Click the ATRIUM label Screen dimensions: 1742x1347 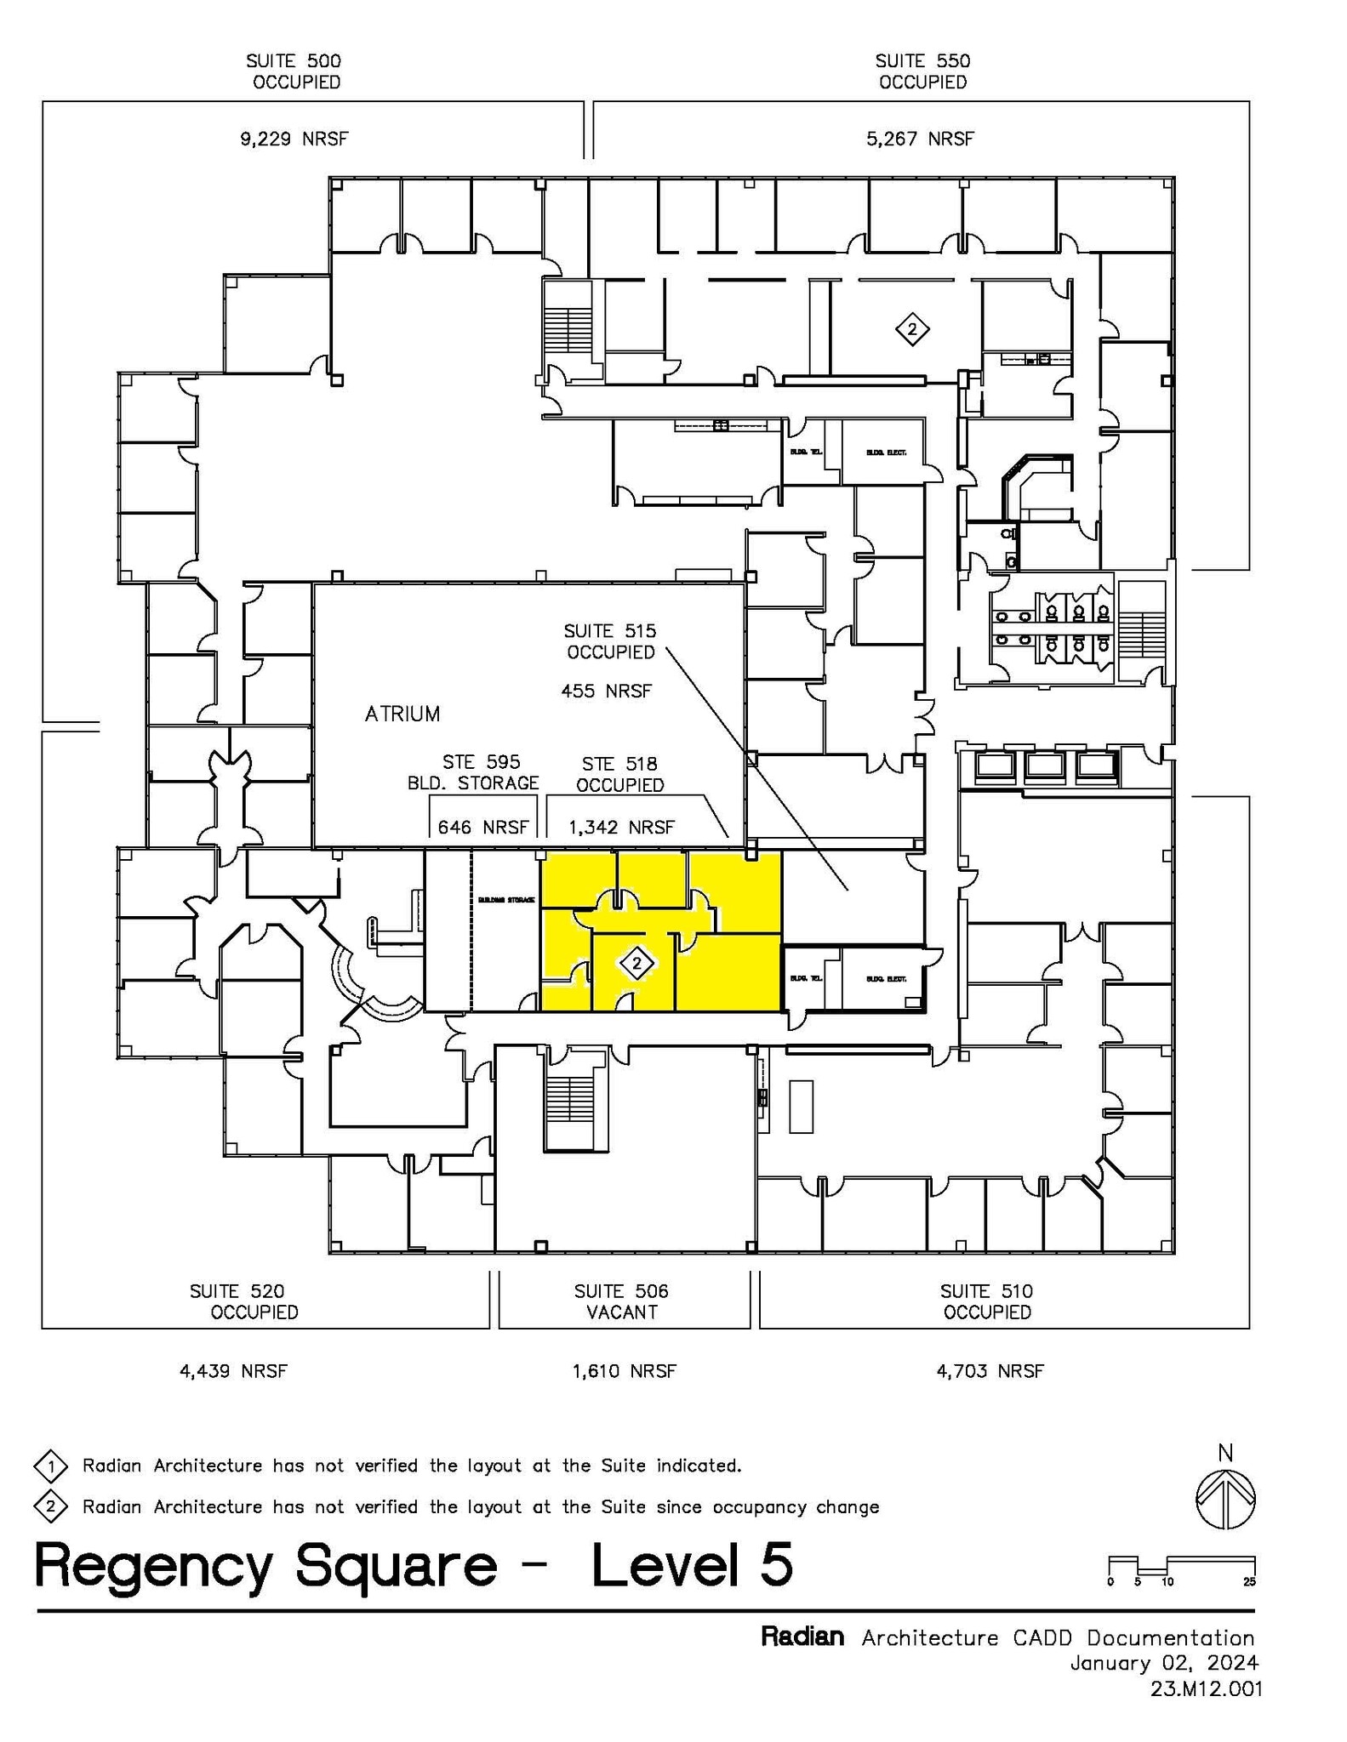402,714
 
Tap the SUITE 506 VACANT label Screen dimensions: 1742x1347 621,1301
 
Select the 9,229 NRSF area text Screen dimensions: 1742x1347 294,139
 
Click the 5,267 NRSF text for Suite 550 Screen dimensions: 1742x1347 920,139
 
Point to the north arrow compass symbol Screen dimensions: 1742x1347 1225,1500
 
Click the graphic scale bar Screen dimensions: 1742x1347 1182,1566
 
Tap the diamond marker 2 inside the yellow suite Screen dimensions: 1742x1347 636,965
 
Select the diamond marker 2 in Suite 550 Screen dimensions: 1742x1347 912,329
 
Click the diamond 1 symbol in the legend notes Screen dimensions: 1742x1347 51,1466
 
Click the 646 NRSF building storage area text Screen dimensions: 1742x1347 482,827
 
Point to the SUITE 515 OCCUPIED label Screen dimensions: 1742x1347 610,641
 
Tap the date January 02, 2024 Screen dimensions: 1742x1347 1163,1662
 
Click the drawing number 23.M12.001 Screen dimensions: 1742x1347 1206,1688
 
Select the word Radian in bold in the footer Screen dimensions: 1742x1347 802,1637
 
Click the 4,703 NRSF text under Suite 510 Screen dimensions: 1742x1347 990,1371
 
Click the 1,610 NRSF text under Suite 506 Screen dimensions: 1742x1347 624,1371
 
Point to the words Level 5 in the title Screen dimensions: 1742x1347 692,1565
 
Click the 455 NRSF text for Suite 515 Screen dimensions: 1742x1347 606,692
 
